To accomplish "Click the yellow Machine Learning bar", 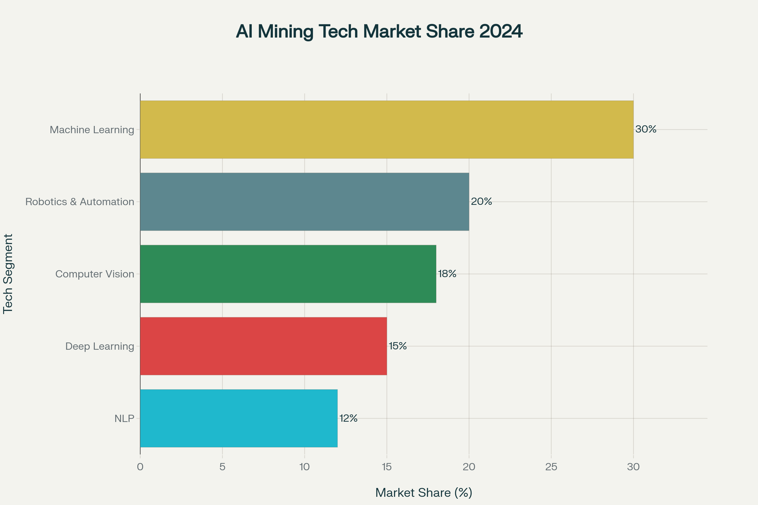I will coord(387,129).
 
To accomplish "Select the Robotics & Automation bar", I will coord(304,202).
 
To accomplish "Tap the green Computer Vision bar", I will coord(288,274).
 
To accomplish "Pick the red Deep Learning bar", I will coord(263,346).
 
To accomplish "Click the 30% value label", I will coord(646,129).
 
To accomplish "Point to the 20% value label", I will coord(481,201).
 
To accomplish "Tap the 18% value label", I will coord(447,273).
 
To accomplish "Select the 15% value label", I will coord(398,346).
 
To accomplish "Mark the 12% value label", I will coord(348,418).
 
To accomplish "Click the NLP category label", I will coord(124,419).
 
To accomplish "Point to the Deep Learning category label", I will coord(99,346).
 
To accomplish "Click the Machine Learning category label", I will coord(92,130).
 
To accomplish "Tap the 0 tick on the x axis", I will coord(140,467).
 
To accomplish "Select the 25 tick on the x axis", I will coord(551,467).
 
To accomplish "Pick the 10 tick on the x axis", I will coord(304,467).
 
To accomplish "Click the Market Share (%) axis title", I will coord(424,492).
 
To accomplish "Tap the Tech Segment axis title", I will coord(8,274).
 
